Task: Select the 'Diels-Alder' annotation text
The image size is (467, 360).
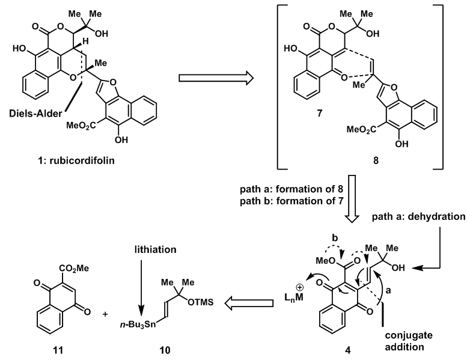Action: tap(35, 114)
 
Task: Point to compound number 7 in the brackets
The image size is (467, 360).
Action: tap(320, 114)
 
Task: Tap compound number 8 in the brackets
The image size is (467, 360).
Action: tap(376, 161)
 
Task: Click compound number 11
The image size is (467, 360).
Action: tap(58, 350)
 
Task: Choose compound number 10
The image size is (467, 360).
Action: tap(165, 350)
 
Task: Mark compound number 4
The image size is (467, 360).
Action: tap(347, 350)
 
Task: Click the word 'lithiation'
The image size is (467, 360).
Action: tap(155, 249)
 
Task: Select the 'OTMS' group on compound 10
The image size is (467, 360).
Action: tap(200, 302)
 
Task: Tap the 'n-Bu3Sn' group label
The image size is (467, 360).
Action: tap(138, 325)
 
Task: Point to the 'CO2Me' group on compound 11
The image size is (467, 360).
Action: tap(74, 268)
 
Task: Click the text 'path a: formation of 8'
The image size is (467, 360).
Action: tap(291, 189)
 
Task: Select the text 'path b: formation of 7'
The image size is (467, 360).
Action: tap(291, 201)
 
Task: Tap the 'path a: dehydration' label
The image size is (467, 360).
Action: tap(418, 216)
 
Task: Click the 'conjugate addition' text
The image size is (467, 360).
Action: tap(408, 341)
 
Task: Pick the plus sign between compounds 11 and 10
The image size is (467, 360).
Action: tap(105, 314)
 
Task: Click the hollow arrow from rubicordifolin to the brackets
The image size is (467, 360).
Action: tap(216, 78)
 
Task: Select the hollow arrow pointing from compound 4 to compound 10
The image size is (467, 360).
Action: tap(249, 303)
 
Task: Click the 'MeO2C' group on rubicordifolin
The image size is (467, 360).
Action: tap(81, 126)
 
